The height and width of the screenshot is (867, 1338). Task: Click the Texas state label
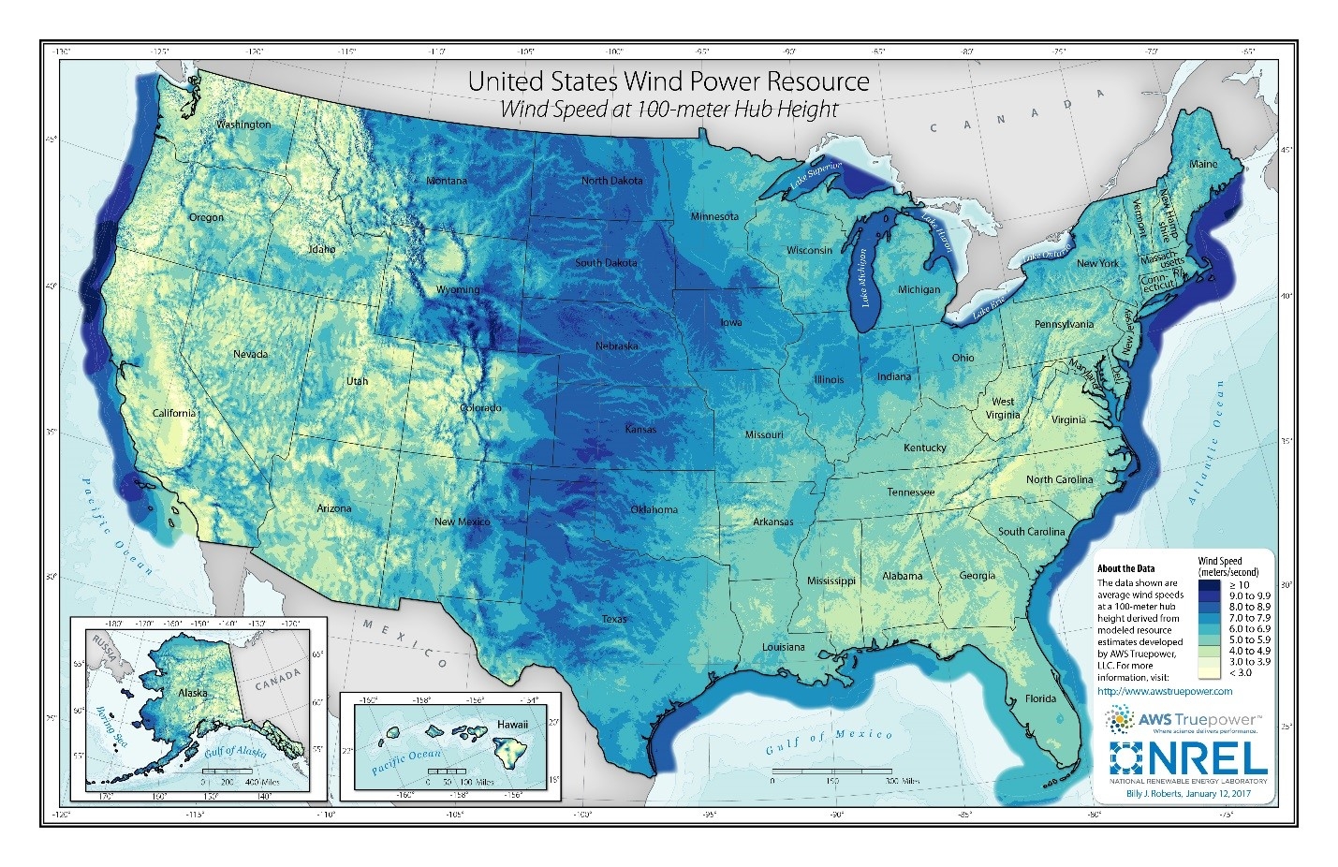pyautogui.click(x=614, y=619)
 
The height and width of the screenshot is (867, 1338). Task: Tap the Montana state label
pyautogui.click(x=446, y=181)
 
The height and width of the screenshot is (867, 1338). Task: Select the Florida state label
pyautogui.click(x=1040, y=698)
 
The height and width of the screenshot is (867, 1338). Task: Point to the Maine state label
pyautogui.click(x=1203, y=164)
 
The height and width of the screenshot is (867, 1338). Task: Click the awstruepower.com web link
pyautogui.click(x=1164, y=691)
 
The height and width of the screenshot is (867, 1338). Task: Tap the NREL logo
pyautogui.click(x=1188, y=759)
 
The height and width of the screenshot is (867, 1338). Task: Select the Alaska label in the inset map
pyautogui.click(x=192, y=693)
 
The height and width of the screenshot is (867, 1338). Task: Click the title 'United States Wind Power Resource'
pyautogui.click(x=669, y=81)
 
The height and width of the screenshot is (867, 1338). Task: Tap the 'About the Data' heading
pyautogui.click(x=1125, y=568)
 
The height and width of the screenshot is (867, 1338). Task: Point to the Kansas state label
pyautogui.click(x=640, y=429)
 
